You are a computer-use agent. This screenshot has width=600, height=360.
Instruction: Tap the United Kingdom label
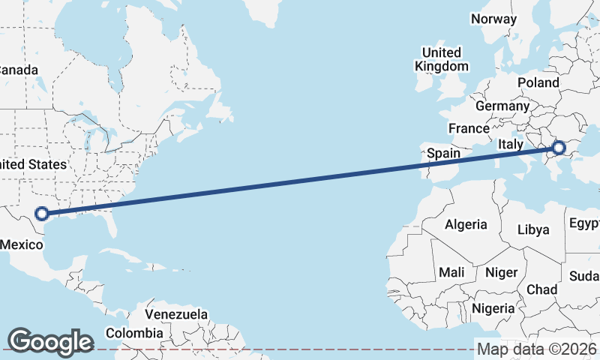click(x=442, y=59)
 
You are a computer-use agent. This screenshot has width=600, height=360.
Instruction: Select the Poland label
click(x=538, y=82)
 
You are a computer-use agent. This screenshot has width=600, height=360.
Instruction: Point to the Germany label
click(x=502, y=106)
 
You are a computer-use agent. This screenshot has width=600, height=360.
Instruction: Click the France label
click(x=469, y=128)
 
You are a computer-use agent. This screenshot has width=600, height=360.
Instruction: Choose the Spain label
click(x=443, y=154)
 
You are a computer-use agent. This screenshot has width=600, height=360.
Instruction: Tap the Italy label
click(x=510, y=143)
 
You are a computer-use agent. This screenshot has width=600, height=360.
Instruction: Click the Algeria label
click(x=466, y=224)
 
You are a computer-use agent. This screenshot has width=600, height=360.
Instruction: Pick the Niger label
click(x=501, y=272)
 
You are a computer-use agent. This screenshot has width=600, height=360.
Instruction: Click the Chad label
click(x=542, y=289)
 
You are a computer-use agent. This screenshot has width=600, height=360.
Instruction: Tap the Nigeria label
click(x=493, y=308)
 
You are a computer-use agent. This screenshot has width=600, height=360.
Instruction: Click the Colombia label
click(x=133, y=332)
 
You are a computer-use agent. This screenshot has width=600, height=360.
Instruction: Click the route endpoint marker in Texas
click(x=42, y=213)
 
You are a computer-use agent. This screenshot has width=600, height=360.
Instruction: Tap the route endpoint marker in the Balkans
click(x=559, y=148)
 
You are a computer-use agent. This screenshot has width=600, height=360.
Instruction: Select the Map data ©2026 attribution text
click(x=537, y=349)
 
